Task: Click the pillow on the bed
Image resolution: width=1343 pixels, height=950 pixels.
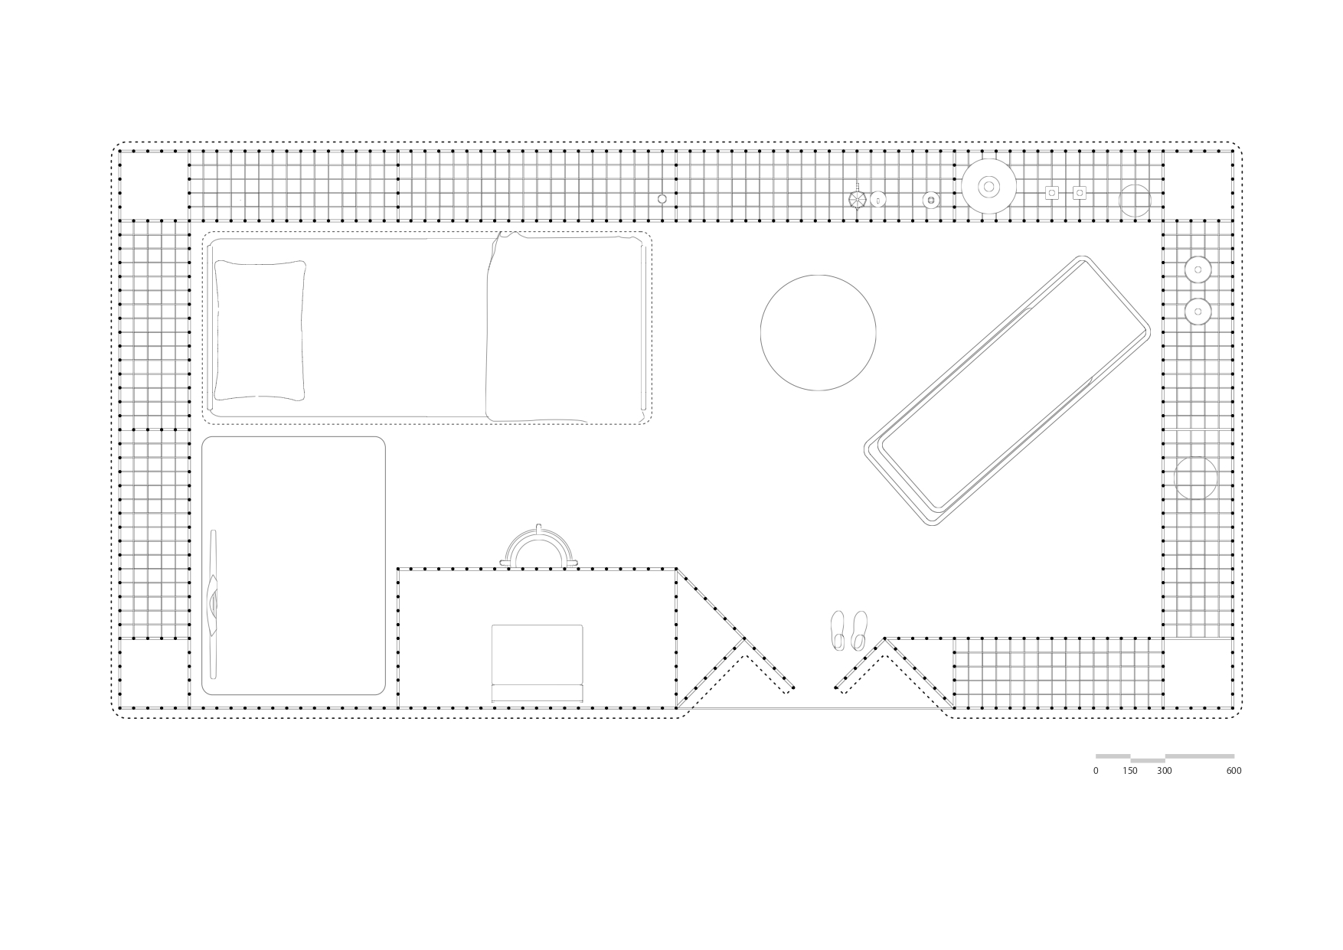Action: tap(260, 330)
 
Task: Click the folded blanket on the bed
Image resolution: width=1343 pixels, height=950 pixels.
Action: tap(564, 328)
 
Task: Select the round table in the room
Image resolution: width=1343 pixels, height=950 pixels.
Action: tap(818, 332)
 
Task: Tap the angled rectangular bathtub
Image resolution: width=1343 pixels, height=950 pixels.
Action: tap(1007, 390)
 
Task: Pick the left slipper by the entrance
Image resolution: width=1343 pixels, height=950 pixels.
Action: tap(838, 630)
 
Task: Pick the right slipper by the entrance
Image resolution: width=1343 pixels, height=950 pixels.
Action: tap(859, 630)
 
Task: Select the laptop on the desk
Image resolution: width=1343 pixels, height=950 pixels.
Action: tap(537, 662)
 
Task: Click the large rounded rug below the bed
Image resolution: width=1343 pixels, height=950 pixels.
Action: tap(293, 566)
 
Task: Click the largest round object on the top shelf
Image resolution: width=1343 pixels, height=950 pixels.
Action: tap(988, 186)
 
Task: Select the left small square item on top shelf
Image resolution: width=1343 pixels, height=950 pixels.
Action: tap(1052, 193)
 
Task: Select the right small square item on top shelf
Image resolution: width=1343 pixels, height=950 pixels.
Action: tap(1079, 193)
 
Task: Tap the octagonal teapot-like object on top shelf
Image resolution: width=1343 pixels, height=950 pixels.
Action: tap(857, 199)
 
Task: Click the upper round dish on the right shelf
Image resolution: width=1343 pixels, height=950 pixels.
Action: tap(1198, 269)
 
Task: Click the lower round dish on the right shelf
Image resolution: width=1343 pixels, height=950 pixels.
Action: tap(1198, 312)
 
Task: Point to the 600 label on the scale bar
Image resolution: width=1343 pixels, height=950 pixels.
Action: tap(1234, 771)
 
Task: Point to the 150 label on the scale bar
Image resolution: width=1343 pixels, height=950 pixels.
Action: tap(1130, 771)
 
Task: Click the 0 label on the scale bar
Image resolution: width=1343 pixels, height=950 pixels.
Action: tap(1096, 771)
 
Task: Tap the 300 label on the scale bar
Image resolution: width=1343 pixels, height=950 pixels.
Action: tap(1165, 771)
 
